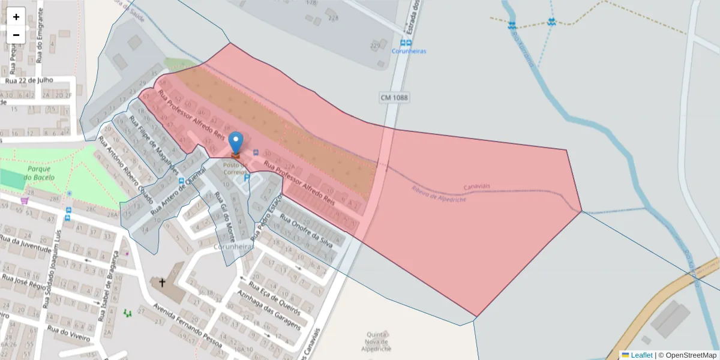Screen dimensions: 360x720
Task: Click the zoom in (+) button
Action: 16,17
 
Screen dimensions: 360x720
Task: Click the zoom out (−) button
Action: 16,35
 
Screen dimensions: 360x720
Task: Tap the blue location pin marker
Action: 236,143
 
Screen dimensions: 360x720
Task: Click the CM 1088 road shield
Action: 394,97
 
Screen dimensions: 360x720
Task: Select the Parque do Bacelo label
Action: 39,173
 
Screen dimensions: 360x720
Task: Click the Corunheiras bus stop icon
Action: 406,43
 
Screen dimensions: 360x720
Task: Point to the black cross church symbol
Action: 162,282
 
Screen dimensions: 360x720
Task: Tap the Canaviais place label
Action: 477,186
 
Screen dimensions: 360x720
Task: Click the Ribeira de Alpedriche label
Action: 439,194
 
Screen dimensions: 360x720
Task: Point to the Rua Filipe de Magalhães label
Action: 155,143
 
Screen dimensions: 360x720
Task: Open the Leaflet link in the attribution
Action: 641,355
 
